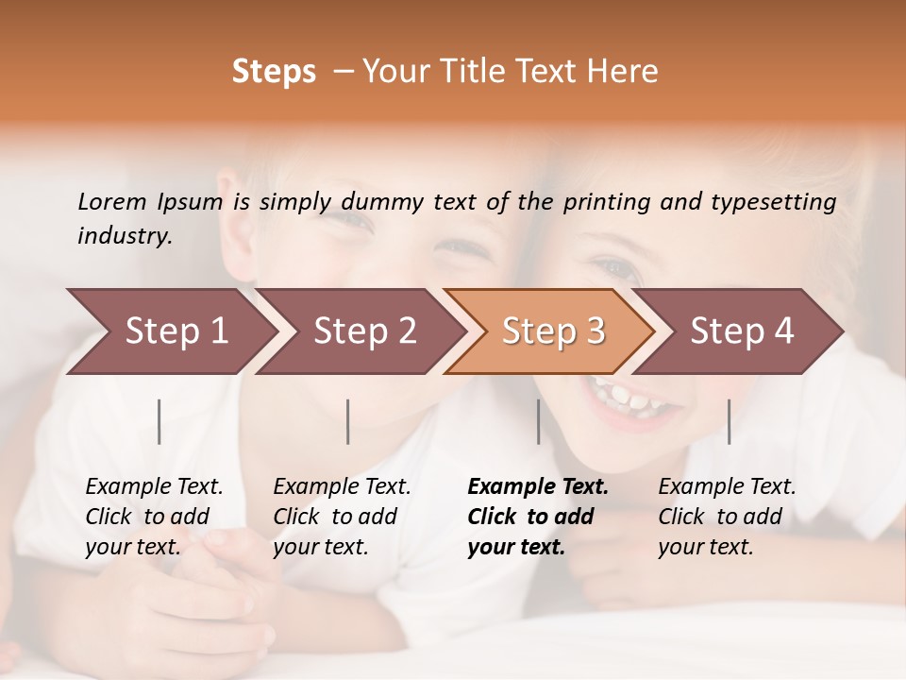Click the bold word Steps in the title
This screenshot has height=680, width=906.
coord(274,72)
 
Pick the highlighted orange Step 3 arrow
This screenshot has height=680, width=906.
coord(553,331)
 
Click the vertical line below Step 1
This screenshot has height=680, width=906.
coord(159,421)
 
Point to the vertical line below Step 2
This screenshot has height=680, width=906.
coord(348,421)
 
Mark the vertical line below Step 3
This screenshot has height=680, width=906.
coord(538,421)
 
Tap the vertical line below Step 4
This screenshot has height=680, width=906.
coord(729,421)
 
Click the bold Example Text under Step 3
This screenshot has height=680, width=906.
coord(538,487)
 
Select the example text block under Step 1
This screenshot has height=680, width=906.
coord(154,517)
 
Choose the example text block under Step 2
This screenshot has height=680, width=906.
coord(342,517)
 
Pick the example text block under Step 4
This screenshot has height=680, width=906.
coord(727,517)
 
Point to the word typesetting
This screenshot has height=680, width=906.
coord(781,202)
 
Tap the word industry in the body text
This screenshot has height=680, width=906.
coord(125,236)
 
